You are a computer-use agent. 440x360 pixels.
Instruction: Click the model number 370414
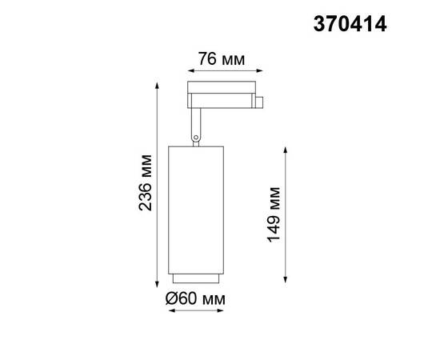[349, 25]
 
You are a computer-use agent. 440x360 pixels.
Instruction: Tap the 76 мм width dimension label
[220, 59]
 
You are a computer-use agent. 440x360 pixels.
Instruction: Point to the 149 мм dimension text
[274, 214]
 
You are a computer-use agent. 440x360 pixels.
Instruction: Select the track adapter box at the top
[219, 94]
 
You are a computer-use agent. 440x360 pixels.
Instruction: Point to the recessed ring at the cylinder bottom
[195, 278]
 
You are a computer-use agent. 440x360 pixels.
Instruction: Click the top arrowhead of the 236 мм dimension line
[158, 82]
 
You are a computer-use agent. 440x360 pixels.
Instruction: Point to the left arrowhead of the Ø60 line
[171, 312]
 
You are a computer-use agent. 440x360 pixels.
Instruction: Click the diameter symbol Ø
[171, 298]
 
